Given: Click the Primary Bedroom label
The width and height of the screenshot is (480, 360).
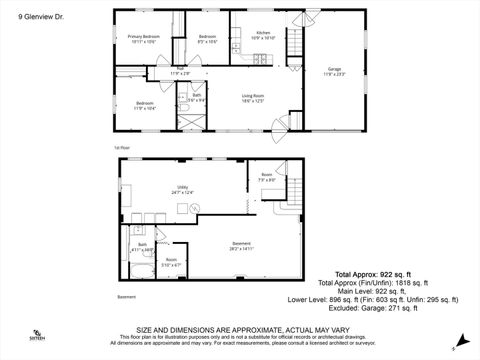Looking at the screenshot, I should tap(145, 40).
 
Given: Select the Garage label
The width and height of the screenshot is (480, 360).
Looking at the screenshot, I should tap(333, 72).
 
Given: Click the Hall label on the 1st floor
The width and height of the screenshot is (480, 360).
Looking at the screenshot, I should tap(180, 72).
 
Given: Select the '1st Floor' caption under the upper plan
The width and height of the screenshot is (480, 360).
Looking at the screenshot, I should tap(122, 147).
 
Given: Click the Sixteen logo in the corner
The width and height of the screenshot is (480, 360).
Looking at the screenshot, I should tap(37, 336).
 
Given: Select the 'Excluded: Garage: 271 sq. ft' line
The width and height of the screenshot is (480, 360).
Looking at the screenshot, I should tap(377, 309).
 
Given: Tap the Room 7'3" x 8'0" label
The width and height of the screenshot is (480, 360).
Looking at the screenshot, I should tap(267, 178).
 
